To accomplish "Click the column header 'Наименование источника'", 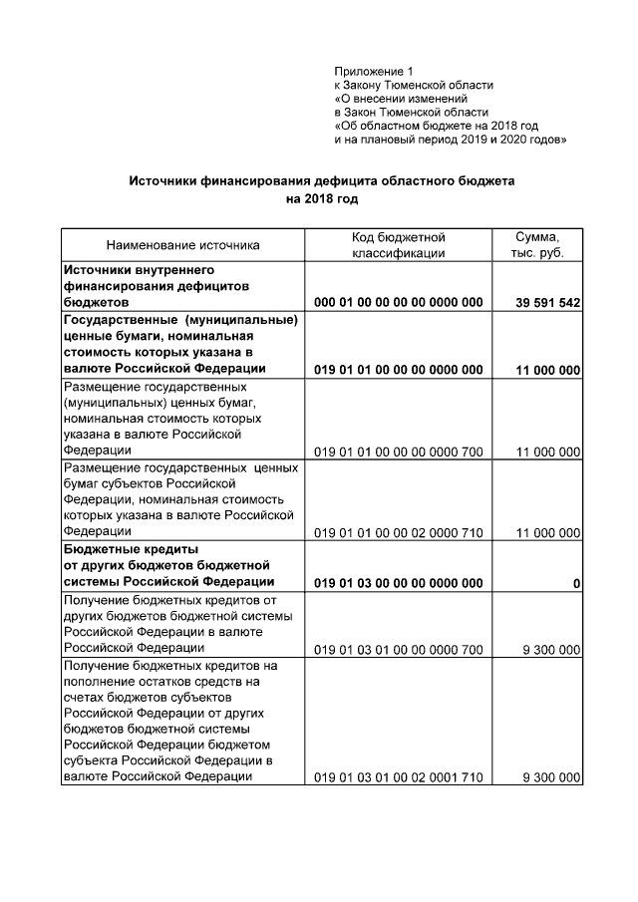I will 182,245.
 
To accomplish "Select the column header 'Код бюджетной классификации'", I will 398,245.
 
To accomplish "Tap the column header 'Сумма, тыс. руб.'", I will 536,245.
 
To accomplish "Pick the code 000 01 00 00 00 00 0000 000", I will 398,302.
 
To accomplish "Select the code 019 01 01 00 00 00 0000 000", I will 398,370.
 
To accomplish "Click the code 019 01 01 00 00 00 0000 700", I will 398,451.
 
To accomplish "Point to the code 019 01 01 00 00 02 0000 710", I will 398,533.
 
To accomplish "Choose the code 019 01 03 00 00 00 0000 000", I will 398,583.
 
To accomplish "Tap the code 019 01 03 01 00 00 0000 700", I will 398,649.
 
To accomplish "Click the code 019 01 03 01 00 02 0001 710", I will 398,777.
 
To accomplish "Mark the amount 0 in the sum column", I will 577,583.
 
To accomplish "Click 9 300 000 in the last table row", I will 551,777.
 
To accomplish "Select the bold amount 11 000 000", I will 548,370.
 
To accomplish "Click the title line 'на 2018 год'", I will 321,198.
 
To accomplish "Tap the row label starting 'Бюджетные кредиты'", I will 131,549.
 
